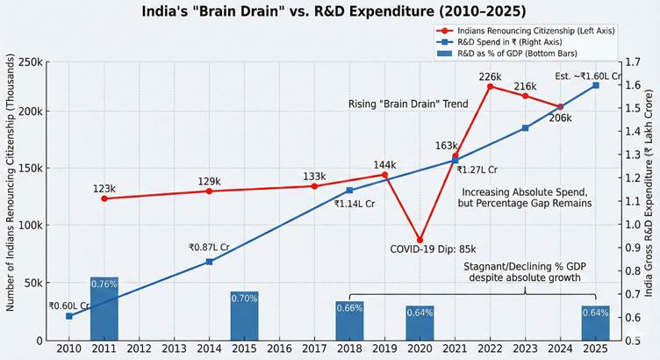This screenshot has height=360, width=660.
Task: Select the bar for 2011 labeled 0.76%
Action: (104, 308)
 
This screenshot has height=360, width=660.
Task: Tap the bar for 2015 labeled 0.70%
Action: (245, 315)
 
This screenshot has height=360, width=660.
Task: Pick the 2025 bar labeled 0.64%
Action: (595, 322)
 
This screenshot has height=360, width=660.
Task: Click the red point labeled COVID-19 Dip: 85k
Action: (420, 240)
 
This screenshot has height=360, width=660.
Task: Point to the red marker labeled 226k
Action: (490, 86)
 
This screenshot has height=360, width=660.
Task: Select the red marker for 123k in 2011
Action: (104, 198)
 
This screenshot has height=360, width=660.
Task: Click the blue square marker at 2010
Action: (69, 316)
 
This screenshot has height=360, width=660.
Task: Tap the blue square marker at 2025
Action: (595, 85)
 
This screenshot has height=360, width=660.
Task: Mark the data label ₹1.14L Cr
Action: (355, 203)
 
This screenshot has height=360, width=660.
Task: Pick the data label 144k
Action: (384, 164)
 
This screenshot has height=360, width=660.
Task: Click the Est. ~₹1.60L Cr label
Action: (588, 76)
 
